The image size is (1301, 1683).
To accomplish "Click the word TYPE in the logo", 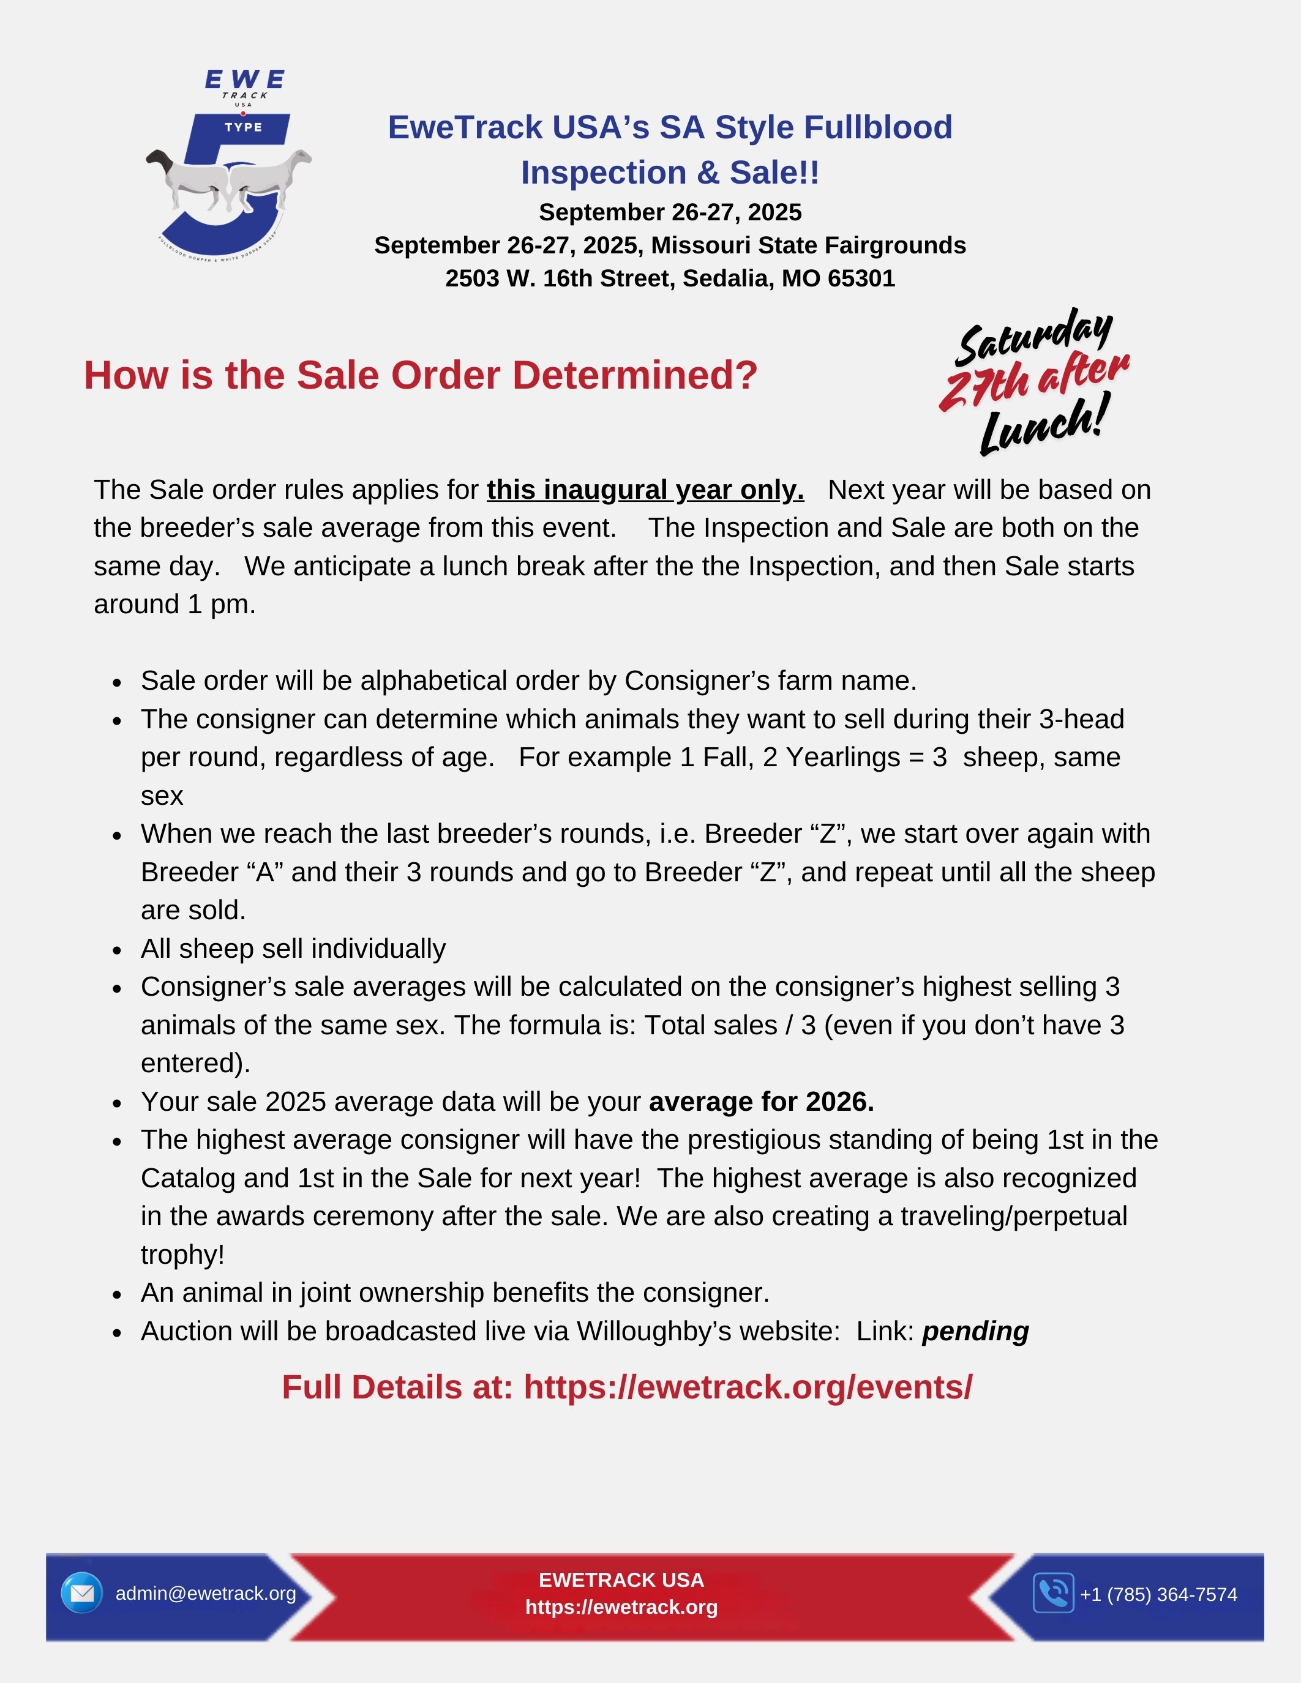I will [244, 127].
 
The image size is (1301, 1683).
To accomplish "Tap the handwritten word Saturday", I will [1033, 337].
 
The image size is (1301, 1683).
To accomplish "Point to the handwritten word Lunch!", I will [1044, 425].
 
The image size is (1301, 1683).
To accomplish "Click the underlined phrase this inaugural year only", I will [645, 490].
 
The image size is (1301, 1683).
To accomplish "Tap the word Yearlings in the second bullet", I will [842, 758].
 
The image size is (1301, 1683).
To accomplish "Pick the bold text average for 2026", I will [762, 1102].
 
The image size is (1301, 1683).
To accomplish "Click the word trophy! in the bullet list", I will [182, 1255].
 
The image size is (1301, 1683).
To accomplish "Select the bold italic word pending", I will [975, 1332].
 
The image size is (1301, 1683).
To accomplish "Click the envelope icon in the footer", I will [81, 1593].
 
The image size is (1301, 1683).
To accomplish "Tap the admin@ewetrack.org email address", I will [206, 1594].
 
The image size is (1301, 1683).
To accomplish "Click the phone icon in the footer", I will [1053, 1593].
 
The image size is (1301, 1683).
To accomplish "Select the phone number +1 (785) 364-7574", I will [1158, 1594].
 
